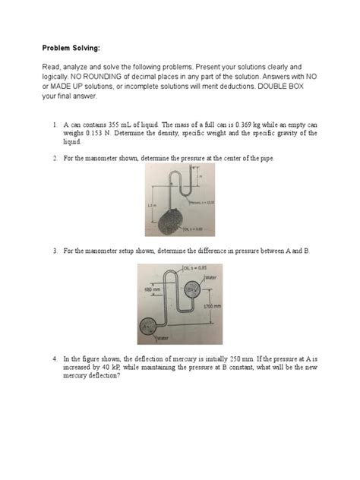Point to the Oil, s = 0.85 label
(x=193, y=267)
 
